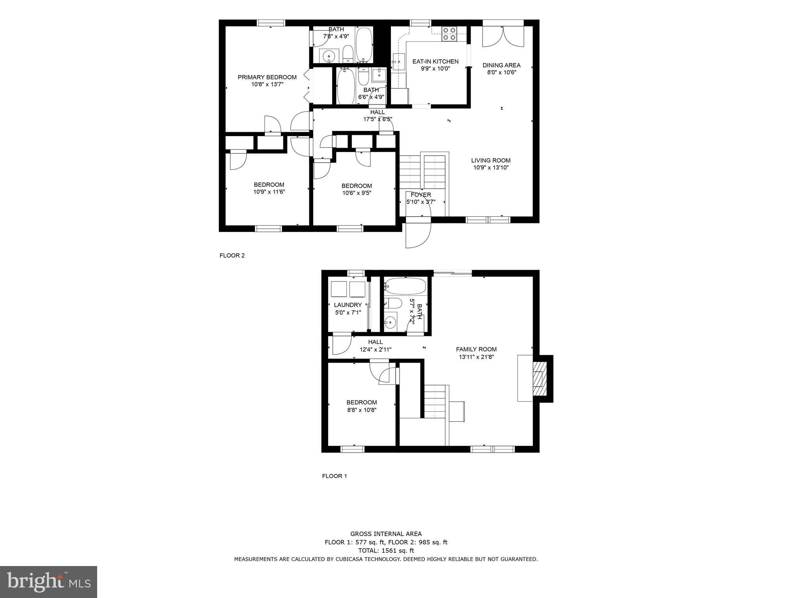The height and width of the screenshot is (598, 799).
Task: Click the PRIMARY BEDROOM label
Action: pyautogui.click(x=267, y=77)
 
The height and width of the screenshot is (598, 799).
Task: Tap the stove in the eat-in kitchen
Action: pyautogui.click(x=449, y=34)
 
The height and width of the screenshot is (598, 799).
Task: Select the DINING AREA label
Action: pyautogui.click(x=501, y=65)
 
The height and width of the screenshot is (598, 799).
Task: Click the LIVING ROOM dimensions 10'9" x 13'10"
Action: pyautogui.click(x=491, y=168)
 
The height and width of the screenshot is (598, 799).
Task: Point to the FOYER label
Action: pyautogui.click(x=421, y=195)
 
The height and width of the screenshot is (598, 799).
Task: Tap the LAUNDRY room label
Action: pyautogui.click(x=348, y=305)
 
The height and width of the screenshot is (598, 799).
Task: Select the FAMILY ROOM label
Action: pyautogui.click(x=476, y=349)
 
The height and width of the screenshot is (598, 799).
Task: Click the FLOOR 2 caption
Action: pyautogui.click(x=232, y=256)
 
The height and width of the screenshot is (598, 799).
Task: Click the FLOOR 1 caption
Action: pyautogui.click(x=334, y=476)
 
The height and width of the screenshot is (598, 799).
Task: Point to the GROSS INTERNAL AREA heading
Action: pyautogui.click(x=386, y=534)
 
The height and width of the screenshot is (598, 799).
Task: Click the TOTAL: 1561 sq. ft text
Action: pyautogui.click(x=386, y=551)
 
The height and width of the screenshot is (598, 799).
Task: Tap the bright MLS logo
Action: pyautogui.click(x=48, y=582)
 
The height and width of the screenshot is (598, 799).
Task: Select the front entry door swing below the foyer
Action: pyautogui.click(x=418, y=234)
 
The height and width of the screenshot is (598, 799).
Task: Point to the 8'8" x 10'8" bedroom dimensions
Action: pyautogui.click(x=362, y=410)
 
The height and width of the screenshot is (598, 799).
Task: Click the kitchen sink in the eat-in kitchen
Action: pyautogui.click(x=398, y=62)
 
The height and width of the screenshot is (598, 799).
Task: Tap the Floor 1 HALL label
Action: pyautogui.click(x=375, y=342)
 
